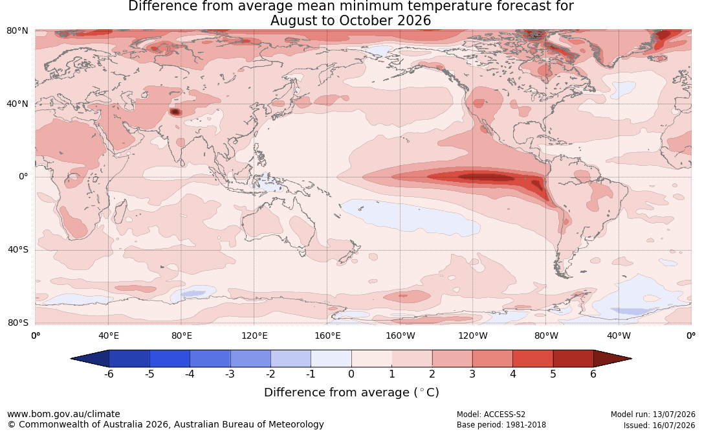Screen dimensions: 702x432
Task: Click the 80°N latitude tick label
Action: pyautogui.click(x=17, y=31)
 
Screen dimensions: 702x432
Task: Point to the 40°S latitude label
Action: pyautogui.click(x=17, y=249)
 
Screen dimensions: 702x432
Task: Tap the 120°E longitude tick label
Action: pyautogui.click(x=254, y=335)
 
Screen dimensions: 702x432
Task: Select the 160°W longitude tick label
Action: pyautogui.click(x=400, y=335)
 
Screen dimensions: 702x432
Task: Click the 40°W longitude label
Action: pyautogui.click(x=619, y=335)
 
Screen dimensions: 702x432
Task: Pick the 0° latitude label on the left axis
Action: pyautogui.click(x=23, y=177)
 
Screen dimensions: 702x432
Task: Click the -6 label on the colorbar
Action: pyautogui.click(x=109, y=374)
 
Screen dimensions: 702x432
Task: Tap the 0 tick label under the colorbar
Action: pyautogui.click(x=351, y=374)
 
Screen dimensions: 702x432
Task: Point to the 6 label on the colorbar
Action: pyautogui.click(x=593, y=374)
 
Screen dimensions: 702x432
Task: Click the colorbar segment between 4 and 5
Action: pyautogui.click(x=532, y=359)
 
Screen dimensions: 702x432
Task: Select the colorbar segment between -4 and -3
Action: pyautogui.click(x=210, y=359)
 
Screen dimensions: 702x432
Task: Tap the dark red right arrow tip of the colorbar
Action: pyautogui.click(x=631, y=359)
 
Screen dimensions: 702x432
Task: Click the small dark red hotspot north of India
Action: pyautogui.click(x=175, y=112)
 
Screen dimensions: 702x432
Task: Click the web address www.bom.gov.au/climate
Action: pyautogui.click(x=63, y=414)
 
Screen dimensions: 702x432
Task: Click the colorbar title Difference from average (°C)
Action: pyautogui.click(x=351, y=392)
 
